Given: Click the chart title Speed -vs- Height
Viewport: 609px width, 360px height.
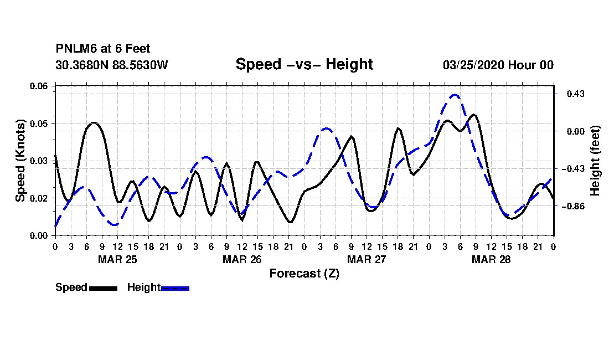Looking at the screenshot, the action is coord(304,64).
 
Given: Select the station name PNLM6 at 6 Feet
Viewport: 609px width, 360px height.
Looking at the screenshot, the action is coord(103,49).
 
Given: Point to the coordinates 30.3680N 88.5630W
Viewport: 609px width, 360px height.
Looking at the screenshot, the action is coord(111,65).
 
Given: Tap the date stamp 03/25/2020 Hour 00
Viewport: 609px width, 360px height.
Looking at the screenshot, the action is coord(498,65).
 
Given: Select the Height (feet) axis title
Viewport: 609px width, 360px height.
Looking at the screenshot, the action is coord(595,161).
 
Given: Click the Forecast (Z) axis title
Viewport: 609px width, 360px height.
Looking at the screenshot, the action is coord(304,274).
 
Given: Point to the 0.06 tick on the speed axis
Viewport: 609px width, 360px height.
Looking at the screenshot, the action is coord(39,86).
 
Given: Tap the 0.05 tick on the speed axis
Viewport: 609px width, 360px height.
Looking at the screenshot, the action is coord(39,124).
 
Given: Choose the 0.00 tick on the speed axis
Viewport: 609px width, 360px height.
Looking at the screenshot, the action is coord(39,235).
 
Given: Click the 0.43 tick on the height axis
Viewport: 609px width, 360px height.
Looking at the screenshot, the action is coord(576,94).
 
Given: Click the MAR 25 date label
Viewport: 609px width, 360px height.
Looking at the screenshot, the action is coord(118,259).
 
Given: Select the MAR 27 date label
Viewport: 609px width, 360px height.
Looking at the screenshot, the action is coord(367,259).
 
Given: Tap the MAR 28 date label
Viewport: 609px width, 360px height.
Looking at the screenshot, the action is coord(491,259).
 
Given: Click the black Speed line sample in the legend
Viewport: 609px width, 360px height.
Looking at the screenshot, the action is coord(104,288).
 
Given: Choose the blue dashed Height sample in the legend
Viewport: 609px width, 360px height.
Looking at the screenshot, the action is coord(175,288).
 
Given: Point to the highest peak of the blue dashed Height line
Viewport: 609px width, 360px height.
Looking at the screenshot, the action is coord(455,95).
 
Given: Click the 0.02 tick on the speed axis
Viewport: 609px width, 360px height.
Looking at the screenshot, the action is coord(39,198).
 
